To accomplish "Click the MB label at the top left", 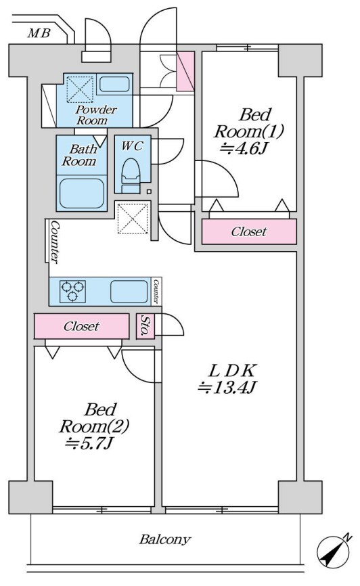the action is point(39,34).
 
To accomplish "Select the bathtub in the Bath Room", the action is point(82,194).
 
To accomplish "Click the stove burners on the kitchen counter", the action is point(72,291).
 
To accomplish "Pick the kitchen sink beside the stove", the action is point(129,292).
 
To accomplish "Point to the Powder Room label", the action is point(96,115).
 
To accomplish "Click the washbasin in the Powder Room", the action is point(114,84).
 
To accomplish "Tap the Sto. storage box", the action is point(145,326).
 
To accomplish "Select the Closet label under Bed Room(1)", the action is point(248,231).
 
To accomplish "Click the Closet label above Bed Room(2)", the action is point(81,326).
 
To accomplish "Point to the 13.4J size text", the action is point(226,388).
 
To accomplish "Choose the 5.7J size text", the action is point(89,443).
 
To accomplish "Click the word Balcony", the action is point(165,540).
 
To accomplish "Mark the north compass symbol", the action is point(334,551).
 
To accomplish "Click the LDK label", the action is point(232,371).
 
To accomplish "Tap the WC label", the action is point(131,145).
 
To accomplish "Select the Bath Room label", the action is point(80,155).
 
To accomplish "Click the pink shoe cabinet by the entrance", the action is point(185,71).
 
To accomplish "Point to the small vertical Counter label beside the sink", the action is point(156,292).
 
